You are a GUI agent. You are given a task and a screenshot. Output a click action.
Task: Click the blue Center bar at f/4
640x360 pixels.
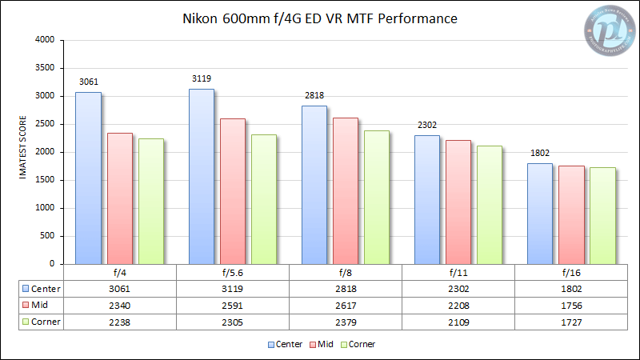coord(88,178)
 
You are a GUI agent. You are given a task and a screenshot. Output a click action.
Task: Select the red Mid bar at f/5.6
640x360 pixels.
coord(233,191)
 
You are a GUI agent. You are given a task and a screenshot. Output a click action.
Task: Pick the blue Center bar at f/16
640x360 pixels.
coord(540,213)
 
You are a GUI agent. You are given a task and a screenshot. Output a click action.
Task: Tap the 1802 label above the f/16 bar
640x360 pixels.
coord(540,154)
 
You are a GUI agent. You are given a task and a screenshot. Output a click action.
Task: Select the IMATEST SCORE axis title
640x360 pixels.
coord(24,152)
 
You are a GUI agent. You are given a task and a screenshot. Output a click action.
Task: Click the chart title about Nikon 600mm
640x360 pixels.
coord(320,18)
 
